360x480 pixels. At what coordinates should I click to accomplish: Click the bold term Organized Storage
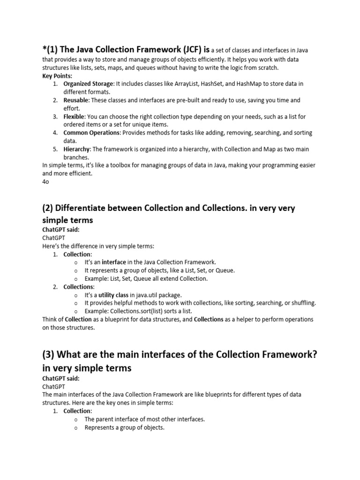pyautogui.click(x=89, y=83)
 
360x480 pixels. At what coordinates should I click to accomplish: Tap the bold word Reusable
pyautogui.click(x=76, y=100)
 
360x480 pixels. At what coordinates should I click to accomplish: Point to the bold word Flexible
pyautogui.click(x=74, y=116)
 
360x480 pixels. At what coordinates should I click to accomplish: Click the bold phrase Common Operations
pyautogui.click(x=92, y=133)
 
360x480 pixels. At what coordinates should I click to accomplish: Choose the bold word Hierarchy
pyautogui.click(x=77, y=149)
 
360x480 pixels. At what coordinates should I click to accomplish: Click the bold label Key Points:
pyautogui.click(x=57, y=75)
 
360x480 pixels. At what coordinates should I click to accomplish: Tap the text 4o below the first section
pyautogui.click(x=45, y=182)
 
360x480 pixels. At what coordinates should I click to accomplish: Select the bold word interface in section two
pyautogui.click(x=114, y=262)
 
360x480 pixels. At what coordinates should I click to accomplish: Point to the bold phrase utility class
pyautogui.click(x=113, y=295)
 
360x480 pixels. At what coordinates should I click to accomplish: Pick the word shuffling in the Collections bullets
pyautogui.click(x=300, y=303)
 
